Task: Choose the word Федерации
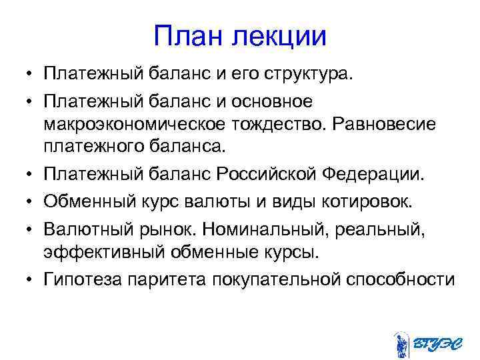pyautogui.click(x=380, y=176)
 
